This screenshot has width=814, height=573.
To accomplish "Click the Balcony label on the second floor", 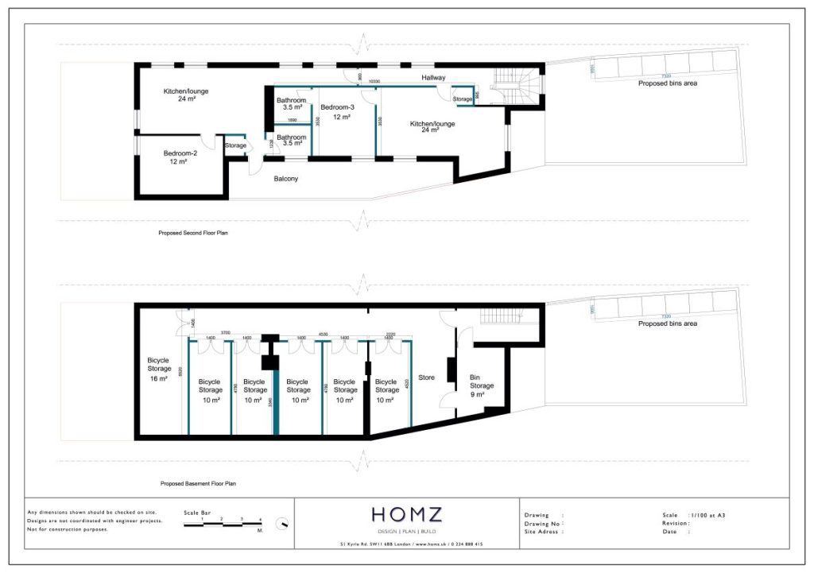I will pyautogui.click(x=285, y=179).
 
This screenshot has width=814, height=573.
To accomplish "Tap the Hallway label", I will pyautogui.click(x=433, y=77).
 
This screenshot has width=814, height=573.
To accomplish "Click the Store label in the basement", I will pyautogui.click(x=426, y=377).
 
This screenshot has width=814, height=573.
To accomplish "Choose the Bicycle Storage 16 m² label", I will pyautogui.click(x=158, y=369).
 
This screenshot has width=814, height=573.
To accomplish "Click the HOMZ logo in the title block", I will pyautogui.click(x=406, y=515).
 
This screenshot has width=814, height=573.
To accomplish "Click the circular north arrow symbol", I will pyautogui.click(x=281, y=525).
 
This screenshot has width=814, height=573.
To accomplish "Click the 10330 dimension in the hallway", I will pyautogui.click(x=374, y=82).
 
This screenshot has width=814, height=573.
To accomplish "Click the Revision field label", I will pyautogui.click(x=676, y=524).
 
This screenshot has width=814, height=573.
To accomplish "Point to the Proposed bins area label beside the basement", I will pyautogui.click(x=668, y=323).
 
